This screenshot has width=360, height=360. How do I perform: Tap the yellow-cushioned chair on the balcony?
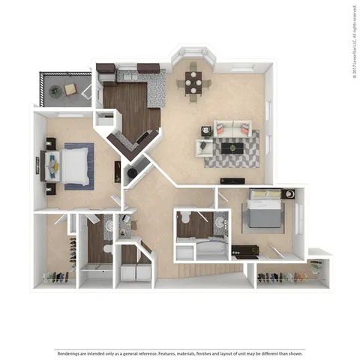pyautogui.click(x=70, y=89)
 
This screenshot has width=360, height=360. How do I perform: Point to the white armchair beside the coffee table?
pyautogui.click(x=204, y=147)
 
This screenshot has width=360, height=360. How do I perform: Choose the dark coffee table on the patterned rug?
pyautogui.click(x=234, y=148)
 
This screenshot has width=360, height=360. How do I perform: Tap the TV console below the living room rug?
pyautogui.click(x=232, y=180)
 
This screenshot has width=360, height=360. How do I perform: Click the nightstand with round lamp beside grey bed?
pyautogui.click(x=289, y=195)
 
